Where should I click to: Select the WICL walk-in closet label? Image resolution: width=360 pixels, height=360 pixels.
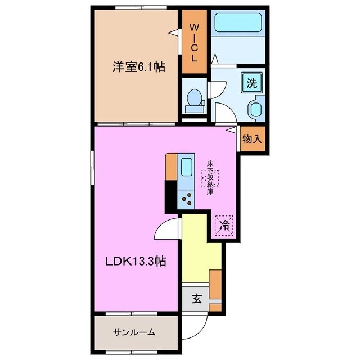point(193,42)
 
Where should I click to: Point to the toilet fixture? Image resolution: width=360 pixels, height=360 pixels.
point(193,99)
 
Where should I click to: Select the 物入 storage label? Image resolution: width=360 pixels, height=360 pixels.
point(253,139)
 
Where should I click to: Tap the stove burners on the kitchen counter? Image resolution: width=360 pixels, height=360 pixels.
point(186,199)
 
